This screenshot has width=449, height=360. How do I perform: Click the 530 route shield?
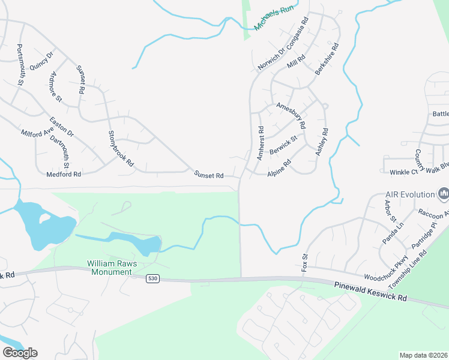[152, 279]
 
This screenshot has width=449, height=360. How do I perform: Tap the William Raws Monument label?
[109, 268]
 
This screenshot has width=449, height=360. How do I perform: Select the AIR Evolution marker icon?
[444, 194]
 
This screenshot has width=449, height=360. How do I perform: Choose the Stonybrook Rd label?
[120, 148]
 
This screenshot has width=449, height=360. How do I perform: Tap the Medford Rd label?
[63, 175]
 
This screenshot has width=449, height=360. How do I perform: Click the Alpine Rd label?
[279, 167]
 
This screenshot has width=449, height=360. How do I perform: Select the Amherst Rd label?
[260, 143]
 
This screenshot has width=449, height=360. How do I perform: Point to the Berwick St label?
[283, 145]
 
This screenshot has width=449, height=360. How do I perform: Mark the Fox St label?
[304, 262]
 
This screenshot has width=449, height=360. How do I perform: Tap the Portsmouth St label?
[20, 64]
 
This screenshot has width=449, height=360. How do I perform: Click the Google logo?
[20, 353]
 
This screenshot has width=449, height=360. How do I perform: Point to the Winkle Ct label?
[403, 172]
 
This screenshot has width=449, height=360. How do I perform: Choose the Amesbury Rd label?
[291, 115]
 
